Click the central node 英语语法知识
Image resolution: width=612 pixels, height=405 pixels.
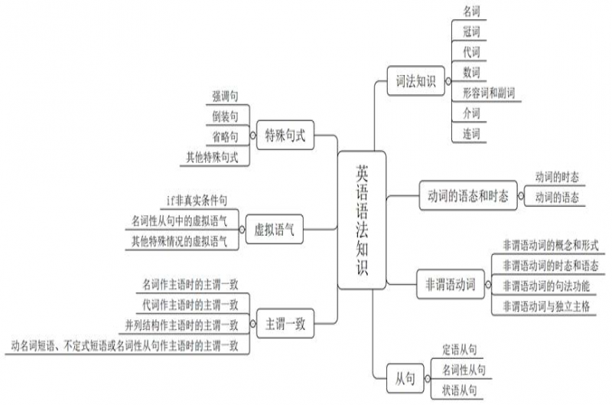[x=361, y=220]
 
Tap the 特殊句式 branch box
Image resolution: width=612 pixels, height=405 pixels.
[x=285, y=136]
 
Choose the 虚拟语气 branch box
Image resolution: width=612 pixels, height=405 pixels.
[x=273, y=227]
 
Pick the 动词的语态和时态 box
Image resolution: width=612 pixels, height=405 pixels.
[x=467, y=196]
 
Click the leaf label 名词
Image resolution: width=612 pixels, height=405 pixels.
[x=472, y=11]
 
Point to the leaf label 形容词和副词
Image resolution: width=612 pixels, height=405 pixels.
[x=488, y=93]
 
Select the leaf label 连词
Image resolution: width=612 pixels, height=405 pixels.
[x=472, y=134]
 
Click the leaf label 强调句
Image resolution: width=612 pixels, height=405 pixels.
[x=225, y=96]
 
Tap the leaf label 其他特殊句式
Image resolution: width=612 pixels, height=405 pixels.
[x=212, y=158]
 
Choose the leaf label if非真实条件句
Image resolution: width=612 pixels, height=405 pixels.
[x=197, y=201]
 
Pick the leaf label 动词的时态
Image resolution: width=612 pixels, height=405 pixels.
[x=556, y=178]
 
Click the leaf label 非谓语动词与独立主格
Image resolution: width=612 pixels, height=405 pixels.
[x=545, y=305]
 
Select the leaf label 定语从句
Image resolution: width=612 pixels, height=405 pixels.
[x=461, y=351]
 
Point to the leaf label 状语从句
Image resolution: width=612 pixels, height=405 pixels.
[x=461, y=390]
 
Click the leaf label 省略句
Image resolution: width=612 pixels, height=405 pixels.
[x=225, y=137]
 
